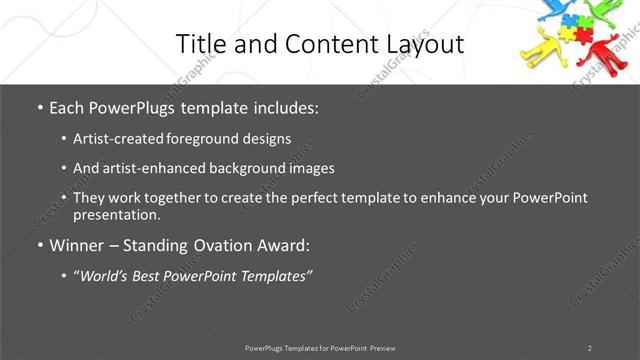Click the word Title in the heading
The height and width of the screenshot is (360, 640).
point(202,44)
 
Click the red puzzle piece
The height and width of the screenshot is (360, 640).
point(583,34)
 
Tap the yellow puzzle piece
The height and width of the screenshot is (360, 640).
point(567,34)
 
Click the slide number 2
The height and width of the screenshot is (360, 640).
point(590,348)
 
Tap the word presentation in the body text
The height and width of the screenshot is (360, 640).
point(116,215)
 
